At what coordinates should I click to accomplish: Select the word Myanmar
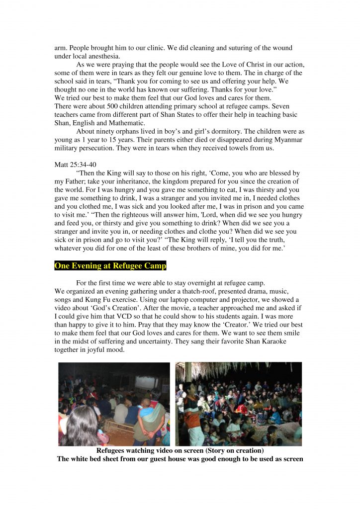tap(288, 140)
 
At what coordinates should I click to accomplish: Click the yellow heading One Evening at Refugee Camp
tap(110, 266)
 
